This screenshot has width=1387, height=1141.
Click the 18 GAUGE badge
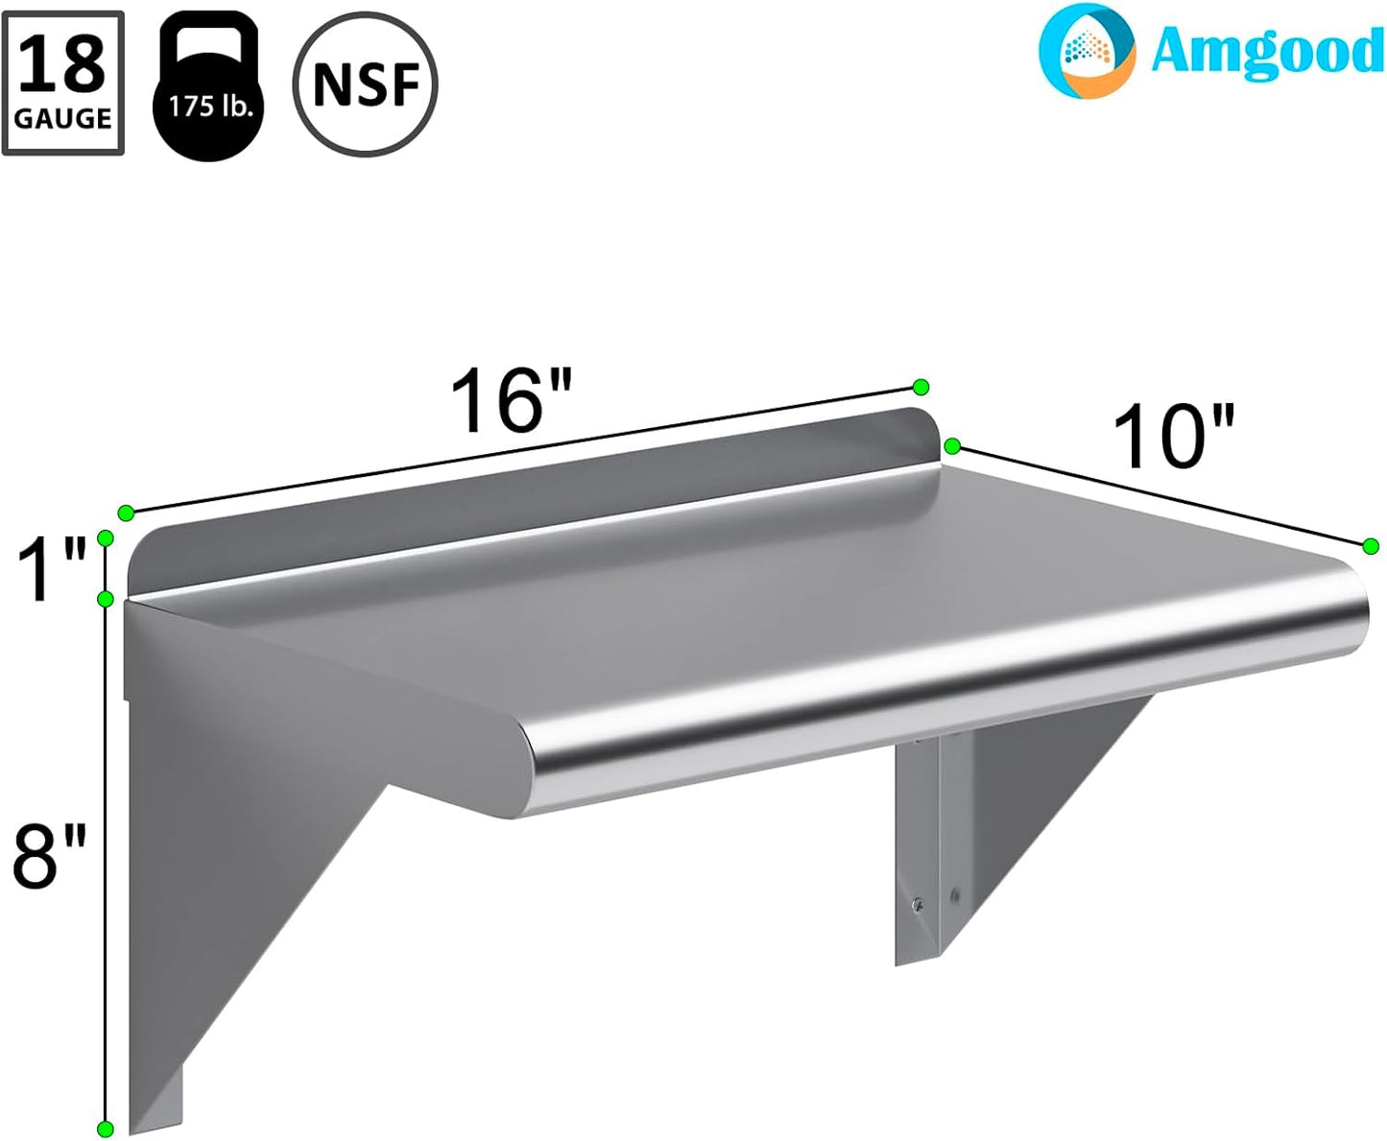coord(63,83)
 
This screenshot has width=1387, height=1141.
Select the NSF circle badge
coord(366,84)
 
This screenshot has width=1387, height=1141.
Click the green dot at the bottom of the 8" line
coord(106,1129)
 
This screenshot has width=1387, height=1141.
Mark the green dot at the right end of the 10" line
coord(1371,545)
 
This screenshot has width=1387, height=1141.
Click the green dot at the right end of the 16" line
coord(921,387)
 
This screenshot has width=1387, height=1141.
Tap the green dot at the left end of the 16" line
coord(125,512)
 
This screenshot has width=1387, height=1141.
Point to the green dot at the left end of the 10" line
coord(952,445)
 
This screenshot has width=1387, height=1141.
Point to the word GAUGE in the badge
coord(63,119)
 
